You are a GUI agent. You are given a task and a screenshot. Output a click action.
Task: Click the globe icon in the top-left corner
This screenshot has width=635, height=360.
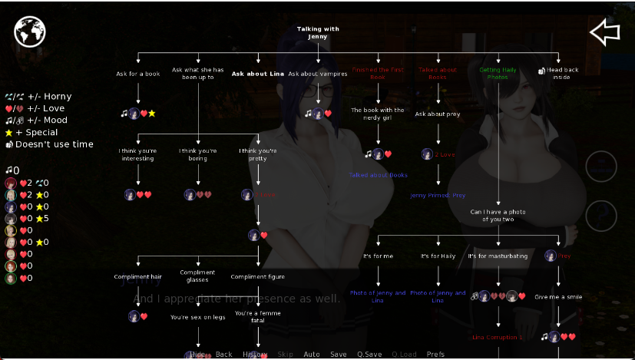click(x=30, y=31)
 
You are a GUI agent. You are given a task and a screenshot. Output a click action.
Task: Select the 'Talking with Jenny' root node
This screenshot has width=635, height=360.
click(x=318, y=32)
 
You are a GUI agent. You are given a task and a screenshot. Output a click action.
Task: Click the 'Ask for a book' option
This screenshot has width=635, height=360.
click(x=138, y=74)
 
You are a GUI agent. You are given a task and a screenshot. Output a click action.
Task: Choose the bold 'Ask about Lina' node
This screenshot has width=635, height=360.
click(x=258, y=74)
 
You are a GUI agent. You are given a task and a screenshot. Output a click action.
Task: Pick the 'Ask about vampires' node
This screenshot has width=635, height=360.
click(x=318, y=74)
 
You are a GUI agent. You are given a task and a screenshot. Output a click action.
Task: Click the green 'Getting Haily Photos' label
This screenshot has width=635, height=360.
click(x=498, y=73)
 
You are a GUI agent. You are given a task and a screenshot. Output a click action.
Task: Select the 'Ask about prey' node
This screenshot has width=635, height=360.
click(x=438, y=114)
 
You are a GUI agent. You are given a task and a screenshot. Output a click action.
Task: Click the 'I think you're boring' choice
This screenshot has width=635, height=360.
click(x=198, y=154)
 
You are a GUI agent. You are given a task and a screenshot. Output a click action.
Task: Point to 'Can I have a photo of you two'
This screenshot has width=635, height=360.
click(x=498, y=215)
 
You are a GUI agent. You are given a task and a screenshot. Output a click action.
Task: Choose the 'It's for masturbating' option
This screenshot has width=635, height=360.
click(x=498, y=256)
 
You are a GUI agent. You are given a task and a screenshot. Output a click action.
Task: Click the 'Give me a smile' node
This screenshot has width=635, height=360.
click(x=558, y=296)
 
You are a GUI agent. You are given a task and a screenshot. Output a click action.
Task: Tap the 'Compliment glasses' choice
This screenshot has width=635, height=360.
click(x=197, y=276)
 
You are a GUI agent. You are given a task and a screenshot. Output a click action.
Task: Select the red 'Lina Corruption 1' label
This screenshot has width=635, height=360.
click(x=498, y=337)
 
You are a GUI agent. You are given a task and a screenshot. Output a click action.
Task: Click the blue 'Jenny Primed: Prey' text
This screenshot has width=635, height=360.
click(x=438, y=195)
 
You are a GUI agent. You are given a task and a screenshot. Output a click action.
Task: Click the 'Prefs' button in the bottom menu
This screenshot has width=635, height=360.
click(x=435, y=354)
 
